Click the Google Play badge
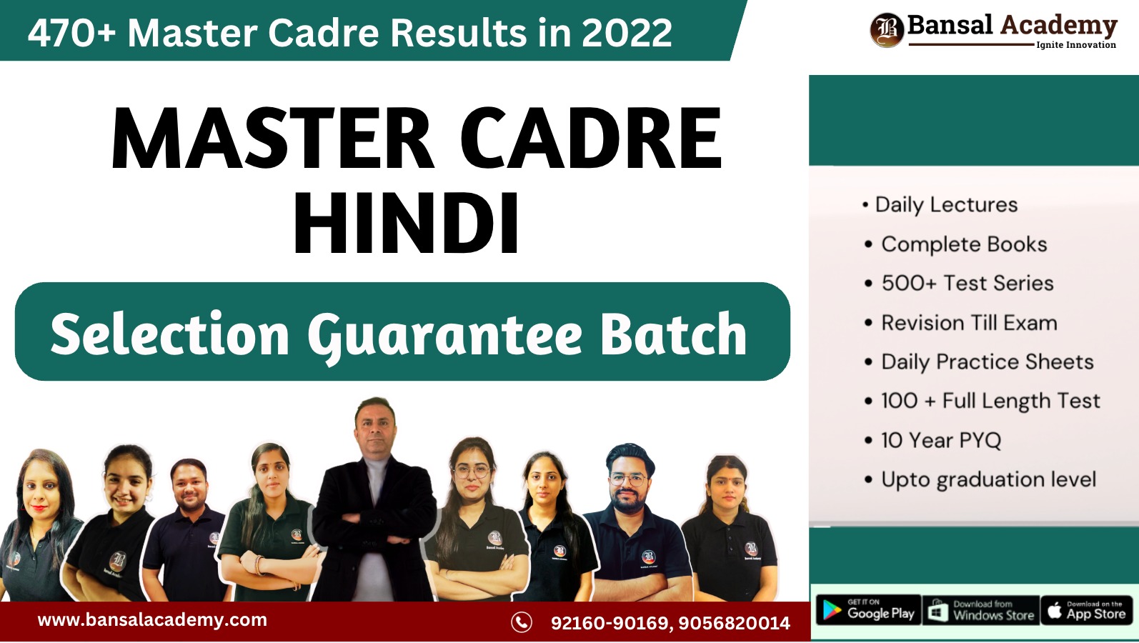pos(868,610)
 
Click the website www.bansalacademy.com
pos(152,620)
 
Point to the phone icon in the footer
pos(522,622)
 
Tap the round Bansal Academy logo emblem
pos(887,30)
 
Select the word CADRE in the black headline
pos(590,139)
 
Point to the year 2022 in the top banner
pos(627,33)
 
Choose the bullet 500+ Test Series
pos(967,283)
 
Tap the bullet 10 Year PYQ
pos(940,440)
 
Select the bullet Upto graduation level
pos(988,479)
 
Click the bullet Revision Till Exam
pos(969,323)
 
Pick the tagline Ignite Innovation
pos(1075,45)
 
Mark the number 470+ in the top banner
pos(71,33)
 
